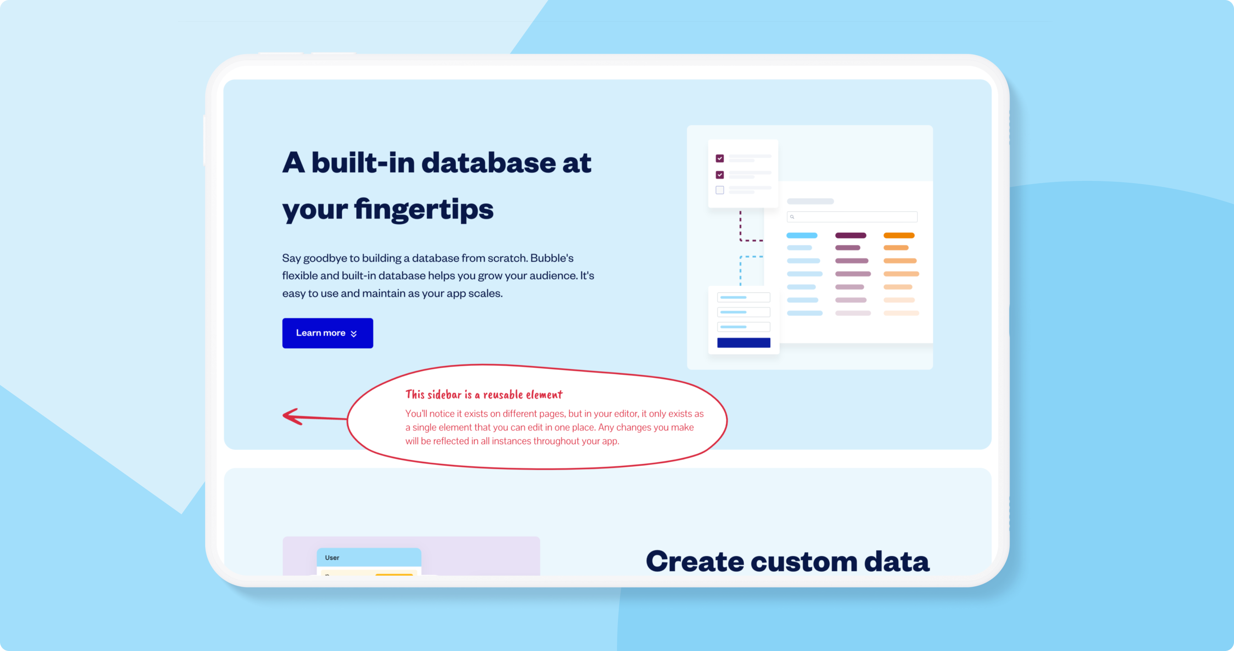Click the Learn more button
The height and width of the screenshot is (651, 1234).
(328, 333)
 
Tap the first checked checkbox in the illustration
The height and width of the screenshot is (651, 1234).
(719, 158)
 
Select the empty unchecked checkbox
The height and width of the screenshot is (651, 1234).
(719, 190)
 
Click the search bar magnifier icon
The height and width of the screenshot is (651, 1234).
(792, 217)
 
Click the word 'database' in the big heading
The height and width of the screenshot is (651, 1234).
(488, 163)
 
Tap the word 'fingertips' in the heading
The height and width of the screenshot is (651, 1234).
(423, 209)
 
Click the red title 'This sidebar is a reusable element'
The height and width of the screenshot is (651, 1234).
(484, 394)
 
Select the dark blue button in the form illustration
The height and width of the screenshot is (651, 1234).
(743, 342)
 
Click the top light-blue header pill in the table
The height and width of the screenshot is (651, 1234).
(802, 235)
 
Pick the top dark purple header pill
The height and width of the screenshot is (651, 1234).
(850, 235)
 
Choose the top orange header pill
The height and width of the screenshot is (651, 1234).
(899, 235)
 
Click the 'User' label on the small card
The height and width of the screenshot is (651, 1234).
(332, 558)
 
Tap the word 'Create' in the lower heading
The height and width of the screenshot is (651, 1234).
(695, 561)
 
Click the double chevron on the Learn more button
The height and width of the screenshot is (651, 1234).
(353, 333)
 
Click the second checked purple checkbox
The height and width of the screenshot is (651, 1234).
(719, 174)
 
